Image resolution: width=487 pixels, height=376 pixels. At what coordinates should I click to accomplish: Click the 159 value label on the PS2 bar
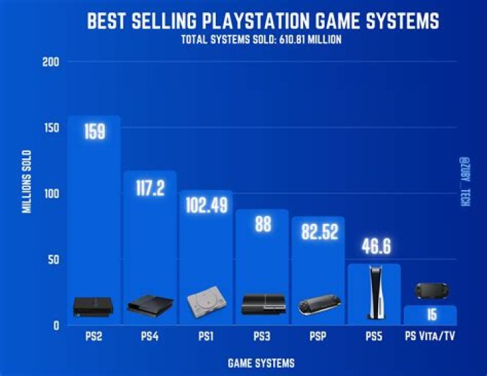tap(94, 131)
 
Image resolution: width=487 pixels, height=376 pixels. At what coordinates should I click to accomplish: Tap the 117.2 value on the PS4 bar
tap(149, 188)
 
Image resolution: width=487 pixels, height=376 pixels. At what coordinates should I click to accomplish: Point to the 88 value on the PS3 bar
tap(262, 225)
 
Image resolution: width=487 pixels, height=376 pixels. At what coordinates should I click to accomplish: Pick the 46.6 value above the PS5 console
tap(374, 247)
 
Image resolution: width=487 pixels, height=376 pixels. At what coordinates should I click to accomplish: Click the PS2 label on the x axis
tap(94, 337)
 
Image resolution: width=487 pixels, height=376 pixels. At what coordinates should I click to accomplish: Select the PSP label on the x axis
tap(318, 337)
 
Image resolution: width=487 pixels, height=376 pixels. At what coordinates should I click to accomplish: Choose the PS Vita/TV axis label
tap(430, 337)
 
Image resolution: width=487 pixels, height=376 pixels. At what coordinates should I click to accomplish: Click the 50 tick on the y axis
tap(56, 260)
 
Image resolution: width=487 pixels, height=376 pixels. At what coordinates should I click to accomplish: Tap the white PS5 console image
tap(374, 292)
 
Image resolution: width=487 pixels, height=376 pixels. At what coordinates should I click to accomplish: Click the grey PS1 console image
tap(206, 302)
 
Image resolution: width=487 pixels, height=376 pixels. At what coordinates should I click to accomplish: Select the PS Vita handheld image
tap(430, 291)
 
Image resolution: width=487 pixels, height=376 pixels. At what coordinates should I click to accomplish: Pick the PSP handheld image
tap(318, 305)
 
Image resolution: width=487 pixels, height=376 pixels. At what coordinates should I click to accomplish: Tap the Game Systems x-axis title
tap(261, 363)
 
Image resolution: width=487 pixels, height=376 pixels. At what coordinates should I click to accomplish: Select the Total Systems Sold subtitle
tap(261, 39)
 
